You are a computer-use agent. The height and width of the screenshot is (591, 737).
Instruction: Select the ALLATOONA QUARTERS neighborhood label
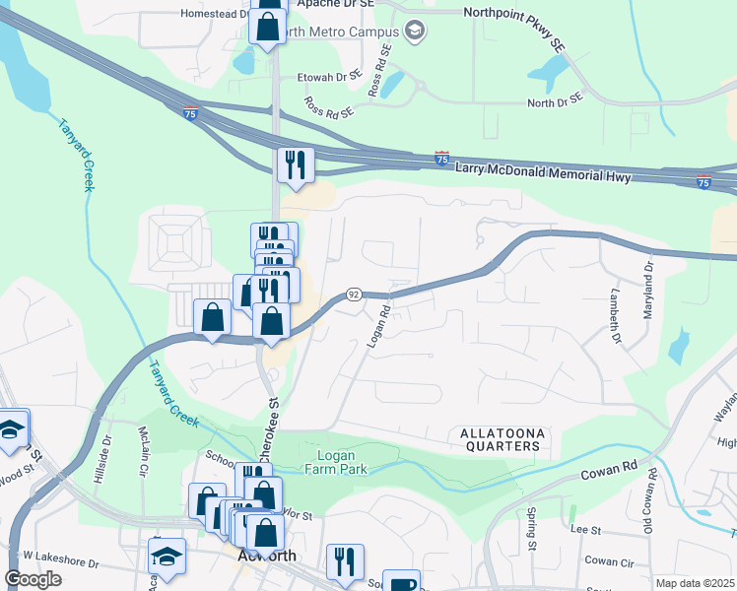pyautogui.click(x=500, y=439)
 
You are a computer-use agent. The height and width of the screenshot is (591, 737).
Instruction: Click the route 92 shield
pyautogui.click(x=354, y=295)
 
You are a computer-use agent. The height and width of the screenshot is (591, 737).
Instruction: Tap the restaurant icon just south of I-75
pyautogui.click(x=295, y=164)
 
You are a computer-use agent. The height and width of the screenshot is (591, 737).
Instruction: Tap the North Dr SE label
pyautogui.click(x=558, y=102)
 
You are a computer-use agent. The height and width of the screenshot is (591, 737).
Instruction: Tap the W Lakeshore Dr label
pyautogui.click(x=62, y=564)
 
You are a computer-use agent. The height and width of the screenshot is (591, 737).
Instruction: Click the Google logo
pyautogui.click(x=33, y=579)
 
